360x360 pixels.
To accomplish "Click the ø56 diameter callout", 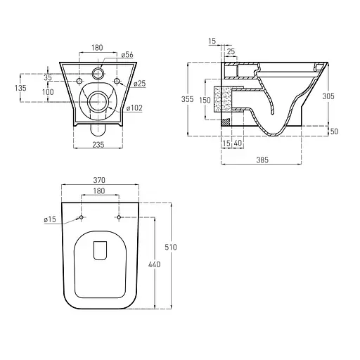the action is click(127, 55).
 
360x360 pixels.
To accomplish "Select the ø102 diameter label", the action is click(134, 108).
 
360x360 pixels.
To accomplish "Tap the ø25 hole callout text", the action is click(140, 83).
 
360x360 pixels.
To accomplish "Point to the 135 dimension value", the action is click(20, 88).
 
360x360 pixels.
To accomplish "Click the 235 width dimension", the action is click(98, 145).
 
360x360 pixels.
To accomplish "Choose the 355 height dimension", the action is click(187, 99).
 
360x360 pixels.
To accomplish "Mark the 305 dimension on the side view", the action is click(328, 96).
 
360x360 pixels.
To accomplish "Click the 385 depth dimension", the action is click(262, 160).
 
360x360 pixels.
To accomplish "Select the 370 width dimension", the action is click(99, 180).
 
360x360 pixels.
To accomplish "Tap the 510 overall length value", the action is click(171, 247).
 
